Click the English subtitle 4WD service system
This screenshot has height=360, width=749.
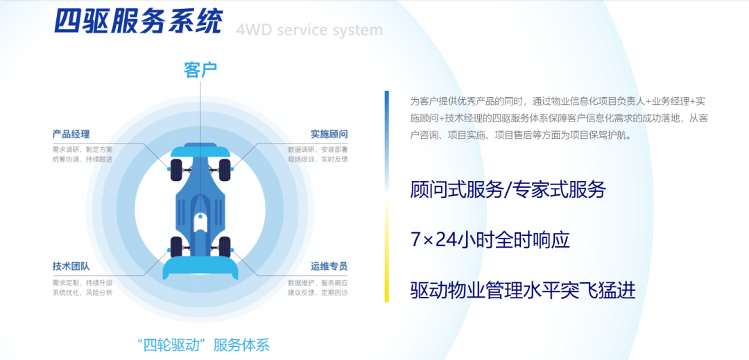click(309, 31)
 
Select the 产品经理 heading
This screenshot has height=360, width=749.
click(71, 134)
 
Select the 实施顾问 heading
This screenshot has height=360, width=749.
click(329, 134)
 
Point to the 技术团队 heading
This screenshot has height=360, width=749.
click(71, 266)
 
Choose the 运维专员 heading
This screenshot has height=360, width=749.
click(329, 266)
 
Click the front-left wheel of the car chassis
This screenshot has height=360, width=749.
click(176, 167)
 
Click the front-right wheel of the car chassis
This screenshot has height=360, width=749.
click(225, 167)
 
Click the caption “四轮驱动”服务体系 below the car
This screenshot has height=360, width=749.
click(202, 344)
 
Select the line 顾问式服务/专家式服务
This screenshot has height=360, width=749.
click(508, 189)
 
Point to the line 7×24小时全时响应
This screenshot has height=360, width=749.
click(490, 240)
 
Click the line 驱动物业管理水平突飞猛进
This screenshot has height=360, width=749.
click(522, 290)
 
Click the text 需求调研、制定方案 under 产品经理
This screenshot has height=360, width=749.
click(83, 148)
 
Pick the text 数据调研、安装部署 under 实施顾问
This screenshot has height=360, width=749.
click(318, 148)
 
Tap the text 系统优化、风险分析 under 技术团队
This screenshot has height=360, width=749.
click(83, 292)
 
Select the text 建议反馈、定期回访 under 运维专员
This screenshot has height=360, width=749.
click(318, 292)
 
